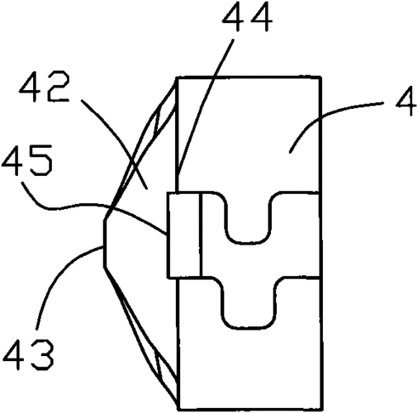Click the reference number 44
(x=248, y=17)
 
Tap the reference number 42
(x=45, y=88)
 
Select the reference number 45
(x=26, y=161)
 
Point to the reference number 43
(x=28, y=355)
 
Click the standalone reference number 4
(x=406, y=101)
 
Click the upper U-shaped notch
(x=247, y=218)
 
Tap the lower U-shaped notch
(x=248, y=303)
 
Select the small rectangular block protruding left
(x=184, y=235)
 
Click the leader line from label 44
(x=206, y=107)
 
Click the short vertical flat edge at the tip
(x=104, y=244)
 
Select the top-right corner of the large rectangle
(x=321, y=78)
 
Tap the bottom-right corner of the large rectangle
(x=321, y=410)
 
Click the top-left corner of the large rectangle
(x=177, y=78)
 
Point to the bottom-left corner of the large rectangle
(x=178, y=410)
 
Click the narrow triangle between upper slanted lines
(x=157, y=121)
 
